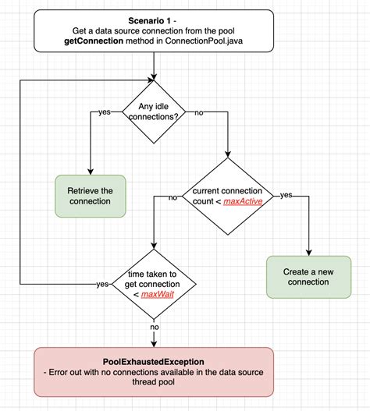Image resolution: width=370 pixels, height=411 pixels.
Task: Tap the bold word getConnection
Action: [x=94, y=41]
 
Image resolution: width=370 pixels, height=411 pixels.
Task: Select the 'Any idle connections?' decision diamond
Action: [x=154, y=112]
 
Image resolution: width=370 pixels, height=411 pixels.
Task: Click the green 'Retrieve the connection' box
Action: [x=91, y=196]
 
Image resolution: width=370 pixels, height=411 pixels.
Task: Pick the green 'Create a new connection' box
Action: [x=308, y=277]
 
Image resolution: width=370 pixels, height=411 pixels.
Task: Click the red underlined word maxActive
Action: [x=243, y=201]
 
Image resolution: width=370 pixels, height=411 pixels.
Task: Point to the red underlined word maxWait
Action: [x=158, y=294]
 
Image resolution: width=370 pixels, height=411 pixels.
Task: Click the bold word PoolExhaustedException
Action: [x=154, y=362]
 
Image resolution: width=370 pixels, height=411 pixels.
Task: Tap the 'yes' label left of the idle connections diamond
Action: [x=105, y=112]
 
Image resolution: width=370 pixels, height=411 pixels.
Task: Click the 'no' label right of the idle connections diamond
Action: [x=199, y=113]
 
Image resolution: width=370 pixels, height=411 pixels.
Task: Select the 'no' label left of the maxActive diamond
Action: [x=173, y=197]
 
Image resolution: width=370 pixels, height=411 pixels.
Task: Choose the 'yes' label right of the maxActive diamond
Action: [x=286, y=195]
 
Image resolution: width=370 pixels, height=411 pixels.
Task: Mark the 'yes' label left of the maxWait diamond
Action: [x=102, y=284]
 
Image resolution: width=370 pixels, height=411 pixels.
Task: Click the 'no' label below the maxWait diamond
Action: [x=155, y=327]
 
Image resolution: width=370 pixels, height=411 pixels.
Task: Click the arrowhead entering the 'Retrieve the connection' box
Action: [x=91, y=172]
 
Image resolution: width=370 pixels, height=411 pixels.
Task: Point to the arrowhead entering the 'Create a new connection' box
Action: [x=309, y=253]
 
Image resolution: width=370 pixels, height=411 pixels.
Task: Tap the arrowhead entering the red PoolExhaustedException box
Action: [x=154, y=344]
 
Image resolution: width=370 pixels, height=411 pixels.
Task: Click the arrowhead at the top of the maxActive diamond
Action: [x=228, y=154]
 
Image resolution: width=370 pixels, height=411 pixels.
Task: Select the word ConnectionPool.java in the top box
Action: [x=204, y=41]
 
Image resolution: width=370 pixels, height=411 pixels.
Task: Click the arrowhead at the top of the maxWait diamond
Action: [x=154, y=246]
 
